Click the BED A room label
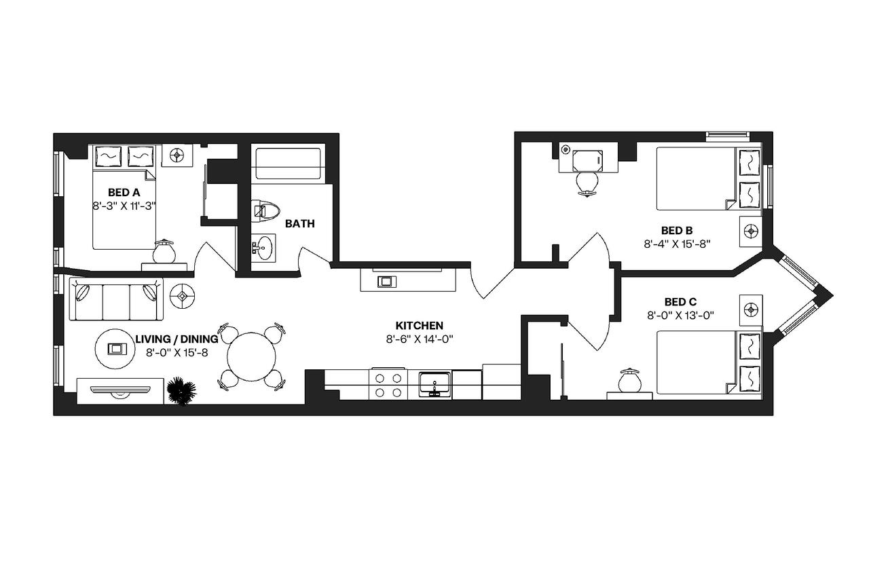(x=124, y=192)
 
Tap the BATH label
(x=299, y=224)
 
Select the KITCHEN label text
(x=419, y=325)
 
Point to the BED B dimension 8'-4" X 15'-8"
(x=677, y=244)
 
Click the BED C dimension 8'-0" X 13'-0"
(x=680, y=316)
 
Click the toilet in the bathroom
(x=265, y=211)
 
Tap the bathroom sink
(x=263, y=247)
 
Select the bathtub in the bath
(x=288, y=164)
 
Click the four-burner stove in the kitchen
(x=388, y=385)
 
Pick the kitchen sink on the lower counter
(x=435, y=384)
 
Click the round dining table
(x=251, y=356)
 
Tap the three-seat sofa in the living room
(x=116, y=299)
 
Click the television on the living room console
(x=120, y=392)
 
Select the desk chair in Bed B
(x=587, y=185)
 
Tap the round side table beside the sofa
(x=183, y=296)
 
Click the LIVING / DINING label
(x=177, y=339)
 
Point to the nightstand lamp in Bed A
(x=164, y=252)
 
